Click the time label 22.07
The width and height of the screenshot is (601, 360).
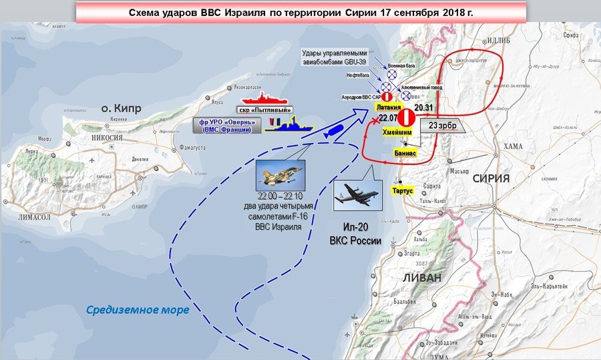tap(388, 118)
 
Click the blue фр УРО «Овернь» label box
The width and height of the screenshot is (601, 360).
tap(225, 125)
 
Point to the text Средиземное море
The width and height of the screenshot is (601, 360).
tap(138, 310)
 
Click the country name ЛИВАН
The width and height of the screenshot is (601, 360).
tap(422, 278)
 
